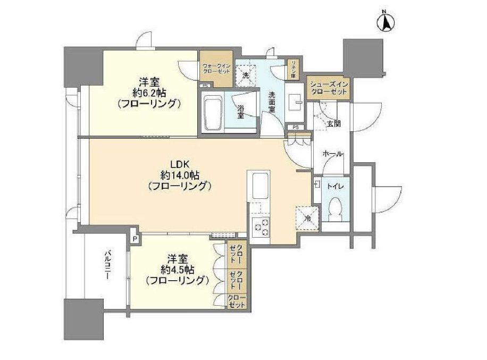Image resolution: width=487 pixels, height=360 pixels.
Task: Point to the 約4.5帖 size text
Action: coord(177,270)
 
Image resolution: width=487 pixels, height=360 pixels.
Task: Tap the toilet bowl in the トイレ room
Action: coord(335,209)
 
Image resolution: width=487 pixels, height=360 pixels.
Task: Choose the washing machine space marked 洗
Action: coord(246,75)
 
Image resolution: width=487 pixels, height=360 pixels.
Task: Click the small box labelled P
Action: coord(135,239)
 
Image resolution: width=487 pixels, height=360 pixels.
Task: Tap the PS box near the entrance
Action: coord(295,127)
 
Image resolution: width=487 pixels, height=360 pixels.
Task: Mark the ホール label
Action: coord(332,154)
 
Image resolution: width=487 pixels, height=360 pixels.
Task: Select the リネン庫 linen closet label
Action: coord(292,70)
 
